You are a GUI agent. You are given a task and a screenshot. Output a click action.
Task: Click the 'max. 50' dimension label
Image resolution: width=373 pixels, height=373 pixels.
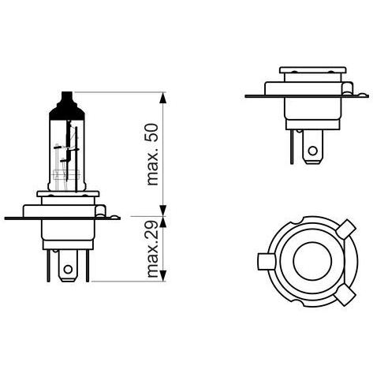pyautogui.click(x=153, y=155)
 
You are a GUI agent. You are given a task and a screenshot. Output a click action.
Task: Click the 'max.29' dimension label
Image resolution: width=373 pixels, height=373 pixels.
pyautogui.click(x=153, y=249)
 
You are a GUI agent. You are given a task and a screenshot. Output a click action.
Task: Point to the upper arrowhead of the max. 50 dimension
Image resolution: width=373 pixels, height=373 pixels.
pyautogui.click(x=163, y=98)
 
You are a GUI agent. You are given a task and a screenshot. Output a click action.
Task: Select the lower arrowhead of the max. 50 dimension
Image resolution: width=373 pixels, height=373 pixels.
pyautogui.click(x=163, y=211)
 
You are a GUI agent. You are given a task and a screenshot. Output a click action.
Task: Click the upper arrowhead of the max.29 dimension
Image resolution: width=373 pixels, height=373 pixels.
pyautogui.click(x=163, y=222)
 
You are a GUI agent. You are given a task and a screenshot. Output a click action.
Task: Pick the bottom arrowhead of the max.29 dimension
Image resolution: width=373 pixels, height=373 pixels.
pyautogui.click(x=163, y=275)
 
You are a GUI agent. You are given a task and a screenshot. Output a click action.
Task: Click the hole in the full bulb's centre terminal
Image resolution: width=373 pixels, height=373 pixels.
pyautogui.click(x=68, y=269)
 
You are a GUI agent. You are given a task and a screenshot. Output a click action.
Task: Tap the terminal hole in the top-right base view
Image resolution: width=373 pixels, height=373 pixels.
pyautogui.click(x=312, y=151)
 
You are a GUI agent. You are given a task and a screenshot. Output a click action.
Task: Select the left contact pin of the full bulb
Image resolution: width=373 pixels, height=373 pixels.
pyautogui.click(x=48, y=266)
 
